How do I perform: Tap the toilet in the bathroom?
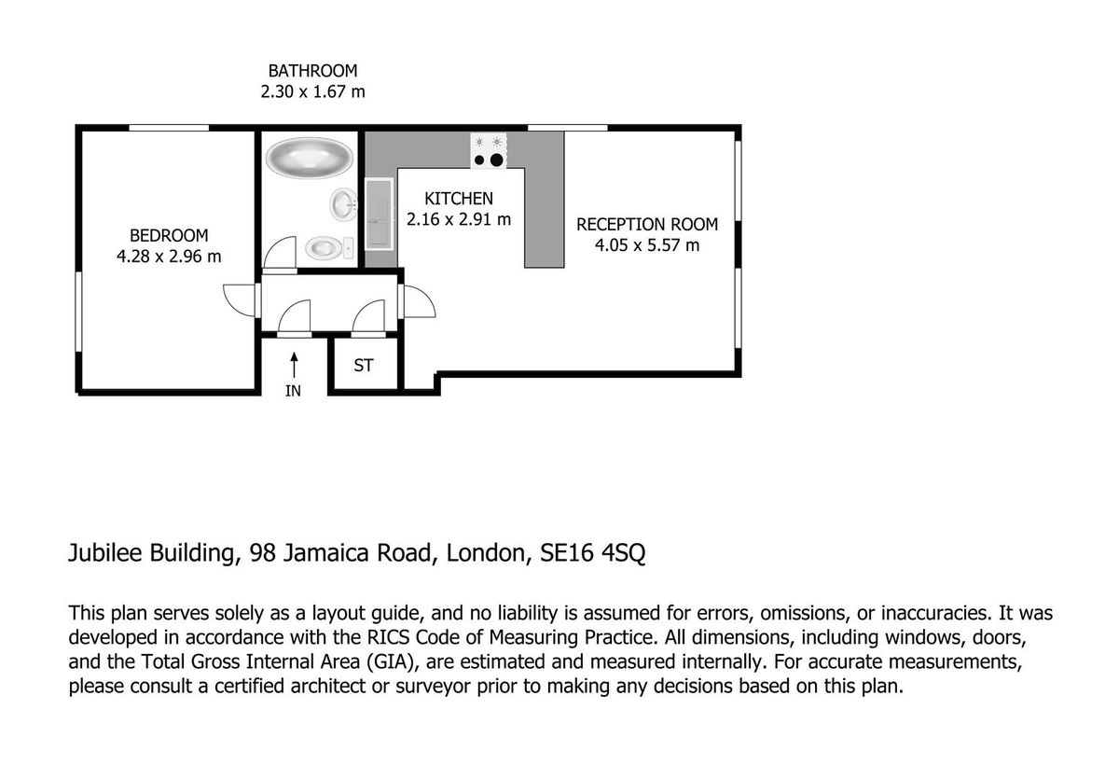pos(327,247)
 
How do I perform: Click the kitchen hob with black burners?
pos(488,151)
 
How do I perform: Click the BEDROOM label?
pos(169,235)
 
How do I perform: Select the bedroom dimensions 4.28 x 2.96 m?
pos(169,256)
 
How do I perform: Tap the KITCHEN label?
pos(458,199)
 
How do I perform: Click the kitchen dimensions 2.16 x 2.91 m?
pos(458,219)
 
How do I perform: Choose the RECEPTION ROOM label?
pos(647,225)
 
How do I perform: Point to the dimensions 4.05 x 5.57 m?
pos(647,245)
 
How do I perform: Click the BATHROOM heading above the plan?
pos(312,71)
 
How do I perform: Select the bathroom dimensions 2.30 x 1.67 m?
pos(312,91)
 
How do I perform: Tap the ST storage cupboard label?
pos(364,366)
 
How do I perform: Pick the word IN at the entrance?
pos(293,392)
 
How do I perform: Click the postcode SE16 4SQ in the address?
pos(594,553)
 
